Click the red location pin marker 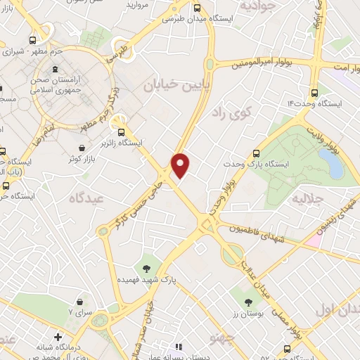click(x=181, y=165)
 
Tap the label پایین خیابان click(x=167, y=85)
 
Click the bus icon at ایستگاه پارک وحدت click(x=255, y=153)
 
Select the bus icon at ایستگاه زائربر click(x=122, y=131)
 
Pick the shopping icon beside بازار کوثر click(x=84, y=148)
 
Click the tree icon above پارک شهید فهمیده click(x=146, y=268)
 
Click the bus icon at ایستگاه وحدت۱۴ click(x=313, y=91)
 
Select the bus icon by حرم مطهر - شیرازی click(x=32, y=40)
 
